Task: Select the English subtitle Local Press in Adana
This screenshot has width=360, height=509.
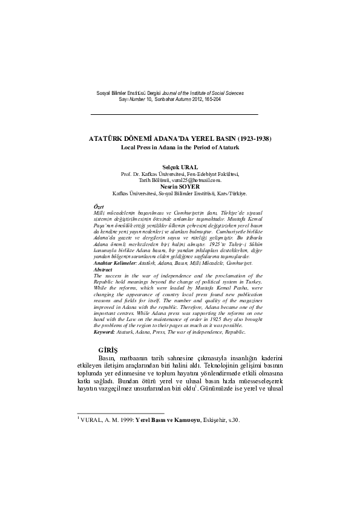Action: (x=180, y=147)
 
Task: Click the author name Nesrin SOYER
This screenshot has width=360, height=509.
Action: (x=180, y=187)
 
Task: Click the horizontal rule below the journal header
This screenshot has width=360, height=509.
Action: (x=174, y=114)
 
